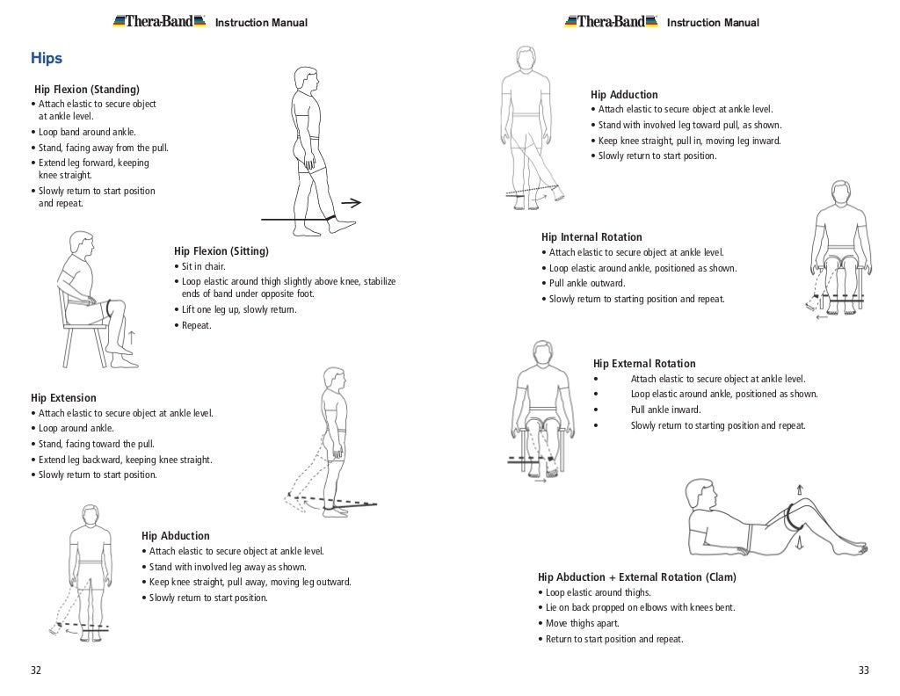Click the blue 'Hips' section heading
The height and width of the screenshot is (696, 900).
coord(47,59)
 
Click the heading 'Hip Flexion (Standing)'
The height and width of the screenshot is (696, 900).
coord(86,90)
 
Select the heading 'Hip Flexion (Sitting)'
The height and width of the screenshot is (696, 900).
coord(221,251)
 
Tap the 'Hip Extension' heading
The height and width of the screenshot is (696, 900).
coord(63,398)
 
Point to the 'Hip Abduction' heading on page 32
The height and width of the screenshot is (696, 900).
coord(176,536)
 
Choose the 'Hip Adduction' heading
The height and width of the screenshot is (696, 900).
coord(624,95)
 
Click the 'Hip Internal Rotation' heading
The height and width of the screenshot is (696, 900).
coord(592,237)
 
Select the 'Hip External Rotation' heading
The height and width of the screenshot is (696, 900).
coord(644,364)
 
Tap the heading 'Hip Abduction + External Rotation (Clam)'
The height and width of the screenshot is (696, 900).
coord(637,577)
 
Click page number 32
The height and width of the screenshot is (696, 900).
coord(36,671)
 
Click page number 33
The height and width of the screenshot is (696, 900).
coord(863,671)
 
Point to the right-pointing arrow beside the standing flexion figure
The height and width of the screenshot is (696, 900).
coord(351,203)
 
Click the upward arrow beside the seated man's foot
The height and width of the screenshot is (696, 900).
coord(132,337)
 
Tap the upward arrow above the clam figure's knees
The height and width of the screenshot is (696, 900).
coord(799,489)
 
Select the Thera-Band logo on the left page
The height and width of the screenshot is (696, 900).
coord(159,22)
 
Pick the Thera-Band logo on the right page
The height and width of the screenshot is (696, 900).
coord(611,22)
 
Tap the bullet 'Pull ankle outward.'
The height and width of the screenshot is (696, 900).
coord(587,284)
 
